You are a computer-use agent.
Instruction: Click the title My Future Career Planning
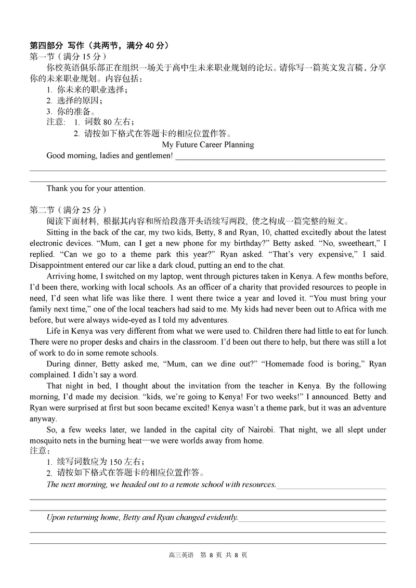[208, 145]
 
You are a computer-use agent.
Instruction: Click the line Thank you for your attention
[96, 189]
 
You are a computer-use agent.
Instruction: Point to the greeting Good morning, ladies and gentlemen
[109, 155]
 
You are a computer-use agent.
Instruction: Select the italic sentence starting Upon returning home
[142, 517]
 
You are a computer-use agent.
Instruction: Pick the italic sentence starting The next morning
[161, 484]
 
